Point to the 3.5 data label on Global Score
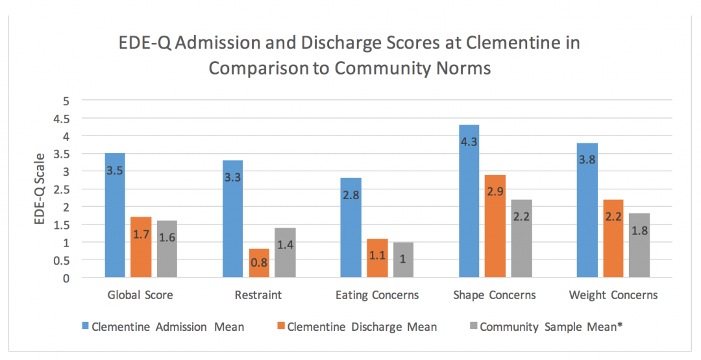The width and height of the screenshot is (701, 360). coord(115,171)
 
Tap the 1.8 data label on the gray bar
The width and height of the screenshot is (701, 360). coord(639,230)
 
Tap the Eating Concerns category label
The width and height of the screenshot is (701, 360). coord(377,295)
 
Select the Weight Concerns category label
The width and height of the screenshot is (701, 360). coord(613,295)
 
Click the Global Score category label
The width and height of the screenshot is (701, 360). coord(140,295)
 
